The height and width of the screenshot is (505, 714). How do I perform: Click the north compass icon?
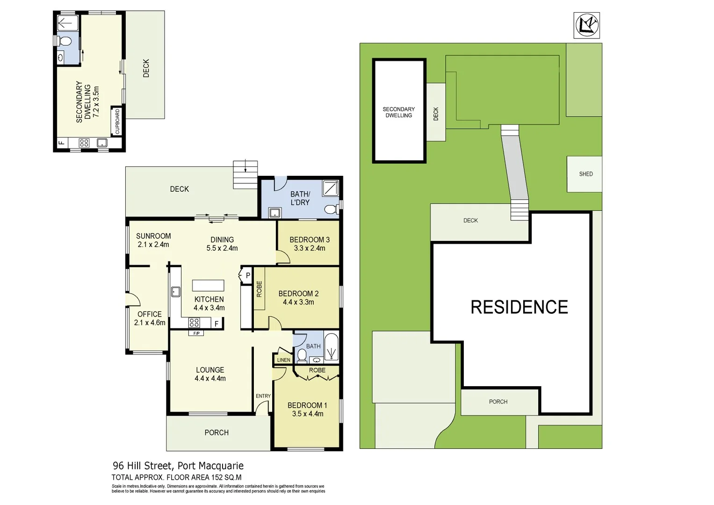coord(586,25)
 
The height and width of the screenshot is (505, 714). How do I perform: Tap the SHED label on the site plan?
coord(585,174)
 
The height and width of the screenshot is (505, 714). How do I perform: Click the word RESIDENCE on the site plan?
coord(519,307)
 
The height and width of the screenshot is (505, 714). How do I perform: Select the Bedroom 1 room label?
coord(307,405)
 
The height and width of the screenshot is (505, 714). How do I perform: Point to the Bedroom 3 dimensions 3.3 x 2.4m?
coord(309,248)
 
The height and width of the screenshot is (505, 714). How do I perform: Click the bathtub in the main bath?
coord(331,347)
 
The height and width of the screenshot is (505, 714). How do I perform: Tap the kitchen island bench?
coord(208,285)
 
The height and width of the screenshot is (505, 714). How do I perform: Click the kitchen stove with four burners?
coord(194,323)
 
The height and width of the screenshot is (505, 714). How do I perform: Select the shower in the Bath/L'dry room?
coord(331,188)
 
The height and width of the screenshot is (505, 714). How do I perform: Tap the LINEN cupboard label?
coord(283,360)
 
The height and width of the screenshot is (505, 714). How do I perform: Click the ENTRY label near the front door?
coord(263,396)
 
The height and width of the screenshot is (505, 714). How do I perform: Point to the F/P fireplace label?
coord(196,333)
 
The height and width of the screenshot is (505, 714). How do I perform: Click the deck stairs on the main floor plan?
coord(245,174)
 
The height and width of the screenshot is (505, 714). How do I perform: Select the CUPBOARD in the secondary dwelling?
coord(117,122)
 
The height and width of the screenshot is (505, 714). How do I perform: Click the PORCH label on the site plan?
coord(498,402)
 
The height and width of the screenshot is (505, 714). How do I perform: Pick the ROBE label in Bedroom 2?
coord(259,289)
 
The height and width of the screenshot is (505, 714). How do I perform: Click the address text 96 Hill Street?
coord(142,466)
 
